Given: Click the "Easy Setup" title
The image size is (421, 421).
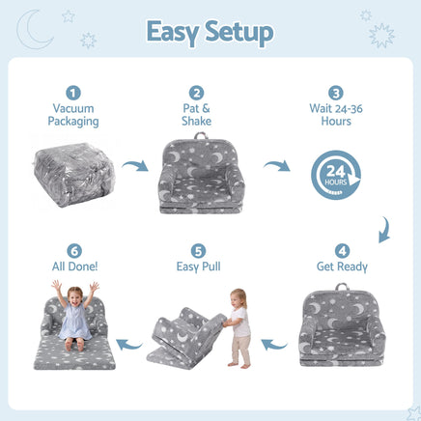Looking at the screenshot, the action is point(210,33).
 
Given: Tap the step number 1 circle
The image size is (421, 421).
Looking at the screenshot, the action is point(73,93).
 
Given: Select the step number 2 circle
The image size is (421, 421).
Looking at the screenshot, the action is point(196,93).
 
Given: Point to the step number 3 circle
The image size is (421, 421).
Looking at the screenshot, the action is point(336,93).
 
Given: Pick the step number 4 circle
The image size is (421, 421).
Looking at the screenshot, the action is point(342,251).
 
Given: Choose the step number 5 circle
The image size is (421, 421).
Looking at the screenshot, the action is point(198,251).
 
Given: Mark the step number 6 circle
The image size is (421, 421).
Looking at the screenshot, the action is point(74,251).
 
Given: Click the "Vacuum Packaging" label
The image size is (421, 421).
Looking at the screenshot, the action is point(73,115).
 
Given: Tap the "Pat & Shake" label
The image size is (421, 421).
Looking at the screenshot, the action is point(196,115).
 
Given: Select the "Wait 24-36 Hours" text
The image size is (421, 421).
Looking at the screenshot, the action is point(336,115).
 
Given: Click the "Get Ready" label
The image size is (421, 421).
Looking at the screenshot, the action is point(342,267).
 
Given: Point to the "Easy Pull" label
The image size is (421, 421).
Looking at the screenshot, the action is point(198,267).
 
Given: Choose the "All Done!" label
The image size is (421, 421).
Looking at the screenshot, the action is point(74,267).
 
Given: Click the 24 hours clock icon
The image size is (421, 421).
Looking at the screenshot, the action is point(336,175).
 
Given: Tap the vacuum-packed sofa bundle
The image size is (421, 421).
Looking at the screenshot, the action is point(74,175).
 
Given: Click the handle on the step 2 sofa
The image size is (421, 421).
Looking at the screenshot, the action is point(201,135).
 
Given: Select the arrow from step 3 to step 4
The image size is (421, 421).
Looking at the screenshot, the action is point(385,230).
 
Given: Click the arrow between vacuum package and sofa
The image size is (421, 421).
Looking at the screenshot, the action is point(136,165).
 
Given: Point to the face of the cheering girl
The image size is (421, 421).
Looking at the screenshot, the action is point(75,296).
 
